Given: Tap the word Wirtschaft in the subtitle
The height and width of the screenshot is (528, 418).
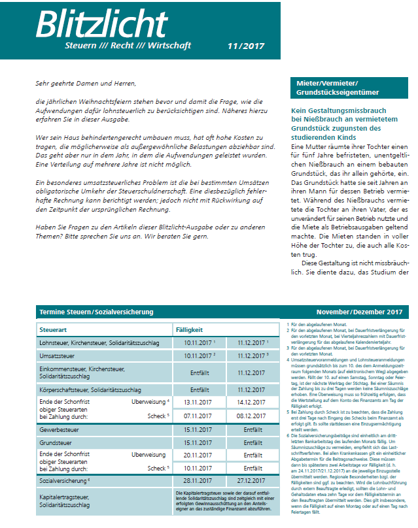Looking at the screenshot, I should pyautogui.click(x=167, y=46).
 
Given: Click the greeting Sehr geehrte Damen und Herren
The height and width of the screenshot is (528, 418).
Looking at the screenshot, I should pyautogui.click(x=86, y=84).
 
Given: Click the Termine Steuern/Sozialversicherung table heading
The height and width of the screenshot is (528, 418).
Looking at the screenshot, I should pyautogui.click(x=96, y=312).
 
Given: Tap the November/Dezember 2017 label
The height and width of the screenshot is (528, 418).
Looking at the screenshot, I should pyautogui.click(x=360, y=312).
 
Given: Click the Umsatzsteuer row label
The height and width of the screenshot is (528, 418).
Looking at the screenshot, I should pyautogui.click(x=57, y=356).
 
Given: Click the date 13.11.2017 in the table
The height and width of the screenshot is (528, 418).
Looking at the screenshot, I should pyautogui.click(x=199, y=403).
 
